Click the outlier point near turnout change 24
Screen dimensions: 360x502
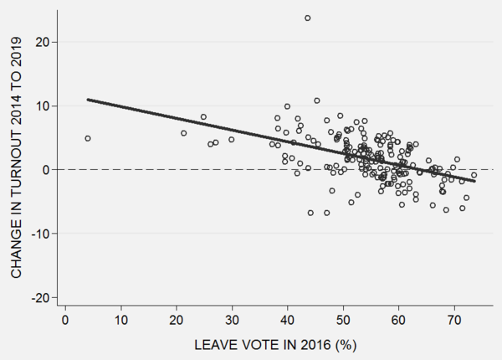[308, 18]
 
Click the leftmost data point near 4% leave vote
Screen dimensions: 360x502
[88, 138]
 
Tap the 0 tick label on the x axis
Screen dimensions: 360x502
[65, 321]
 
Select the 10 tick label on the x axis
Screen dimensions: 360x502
[120, 321]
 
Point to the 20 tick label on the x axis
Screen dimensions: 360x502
[177, 321]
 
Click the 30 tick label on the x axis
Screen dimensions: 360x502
[232, 321]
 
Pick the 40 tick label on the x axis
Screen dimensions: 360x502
[287, 321]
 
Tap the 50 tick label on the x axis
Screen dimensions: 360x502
[343, 321]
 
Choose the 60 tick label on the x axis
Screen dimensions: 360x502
[398, 321]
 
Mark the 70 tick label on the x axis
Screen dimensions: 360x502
[453, 321]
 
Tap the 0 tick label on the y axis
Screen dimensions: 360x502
[47, 170]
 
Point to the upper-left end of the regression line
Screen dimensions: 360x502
[88, 100]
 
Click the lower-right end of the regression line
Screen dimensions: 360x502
[474, 181]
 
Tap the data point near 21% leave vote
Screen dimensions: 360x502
[183, 133]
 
